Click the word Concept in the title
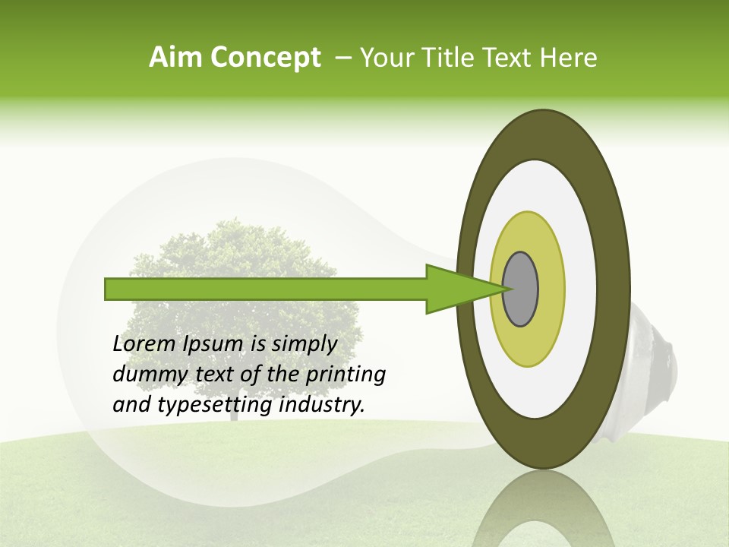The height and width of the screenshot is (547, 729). coord(266,58)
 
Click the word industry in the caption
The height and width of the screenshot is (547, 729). coord(320,406)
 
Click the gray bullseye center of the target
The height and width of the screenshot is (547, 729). coord(522,289)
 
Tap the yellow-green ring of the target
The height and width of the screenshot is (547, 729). coord(528,342)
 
